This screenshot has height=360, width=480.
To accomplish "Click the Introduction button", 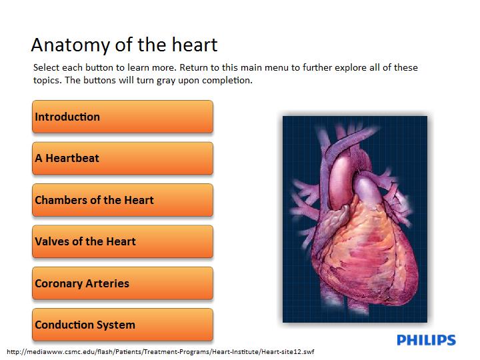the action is [x=123, y=117].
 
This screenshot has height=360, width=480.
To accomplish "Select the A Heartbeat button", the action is [x=123, y=158].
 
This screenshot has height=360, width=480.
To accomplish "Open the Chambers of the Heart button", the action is [x=123, y=200].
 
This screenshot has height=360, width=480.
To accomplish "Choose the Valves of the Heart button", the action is [x=123, y=241].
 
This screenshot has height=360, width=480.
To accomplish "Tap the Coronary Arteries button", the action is [x=123, y=283].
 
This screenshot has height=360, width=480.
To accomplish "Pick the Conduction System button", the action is [x=123, y=325].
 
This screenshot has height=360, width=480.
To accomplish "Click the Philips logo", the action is [x=426, y=340].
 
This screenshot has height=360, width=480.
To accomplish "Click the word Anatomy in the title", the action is [x=71, y=45].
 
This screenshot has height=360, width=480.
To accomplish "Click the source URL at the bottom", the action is [x=161, y=352].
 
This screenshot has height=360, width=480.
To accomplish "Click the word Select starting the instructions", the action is [x=45, y=67].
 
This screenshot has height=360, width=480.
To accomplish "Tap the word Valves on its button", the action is [x=52, y=241].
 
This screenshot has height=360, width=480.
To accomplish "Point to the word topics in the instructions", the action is [x=47, y=81].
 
